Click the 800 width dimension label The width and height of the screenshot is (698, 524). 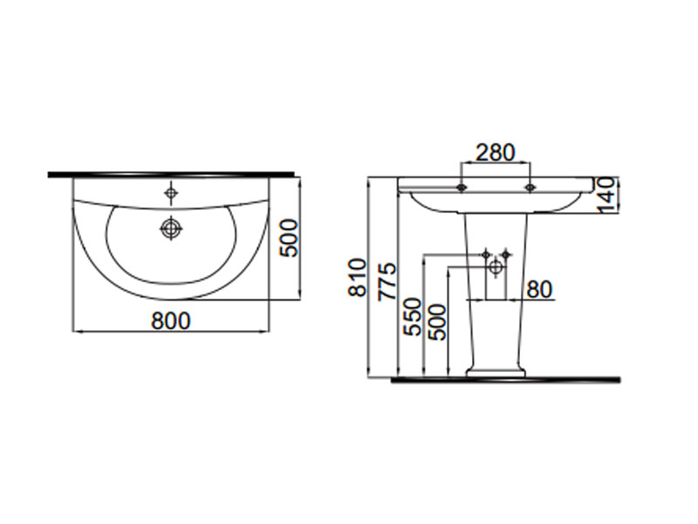coord(171,321)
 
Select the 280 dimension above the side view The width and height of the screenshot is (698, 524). coord(496,152)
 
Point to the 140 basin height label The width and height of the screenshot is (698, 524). coord(606,195)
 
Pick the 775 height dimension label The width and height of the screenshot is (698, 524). coord(386,281)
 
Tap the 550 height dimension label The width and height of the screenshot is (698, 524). coord(412,317)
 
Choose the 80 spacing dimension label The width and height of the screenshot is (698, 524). coord(539,290)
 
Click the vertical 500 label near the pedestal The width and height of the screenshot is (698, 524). coord(437,322)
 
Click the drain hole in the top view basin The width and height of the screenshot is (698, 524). coord(171,228)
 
